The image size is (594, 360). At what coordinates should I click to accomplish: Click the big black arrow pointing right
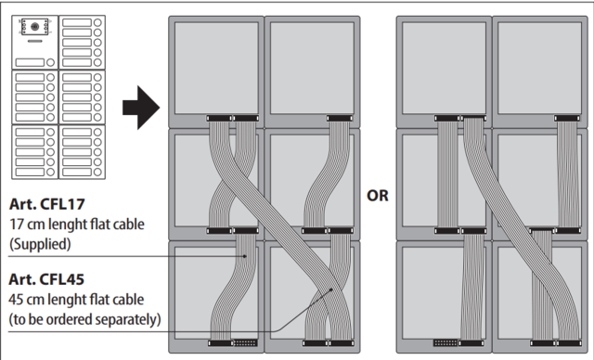pos(141,108)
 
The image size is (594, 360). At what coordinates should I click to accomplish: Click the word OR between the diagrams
pos(378,196)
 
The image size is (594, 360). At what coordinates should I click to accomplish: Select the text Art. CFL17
pos(47,204)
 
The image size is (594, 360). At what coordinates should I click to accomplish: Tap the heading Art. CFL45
pos(46,279)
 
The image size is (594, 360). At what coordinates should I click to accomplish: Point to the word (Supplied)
pos(40,244)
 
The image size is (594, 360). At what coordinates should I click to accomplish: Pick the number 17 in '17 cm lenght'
pos(17,225)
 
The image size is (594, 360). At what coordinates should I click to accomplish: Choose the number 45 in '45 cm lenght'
pos(17,300)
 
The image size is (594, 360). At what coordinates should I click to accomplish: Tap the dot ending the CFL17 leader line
pos(245,256)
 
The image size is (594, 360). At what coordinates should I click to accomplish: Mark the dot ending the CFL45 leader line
pos(331,289)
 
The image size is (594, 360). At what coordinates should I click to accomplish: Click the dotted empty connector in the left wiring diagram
pos(245,343)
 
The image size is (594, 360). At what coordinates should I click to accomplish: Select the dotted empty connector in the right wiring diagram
pos(445,343)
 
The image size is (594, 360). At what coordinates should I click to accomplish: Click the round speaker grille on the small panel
pos(34,27)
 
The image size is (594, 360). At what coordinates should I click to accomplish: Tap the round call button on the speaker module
pos(50,62)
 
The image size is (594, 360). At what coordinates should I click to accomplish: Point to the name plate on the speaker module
pos(30,62)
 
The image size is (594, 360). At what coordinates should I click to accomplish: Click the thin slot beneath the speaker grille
pos(34,41)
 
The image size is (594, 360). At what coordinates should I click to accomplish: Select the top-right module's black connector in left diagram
pos(340,119)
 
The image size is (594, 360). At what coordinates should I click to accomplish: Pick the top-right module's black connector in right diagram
pos(567,119)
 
